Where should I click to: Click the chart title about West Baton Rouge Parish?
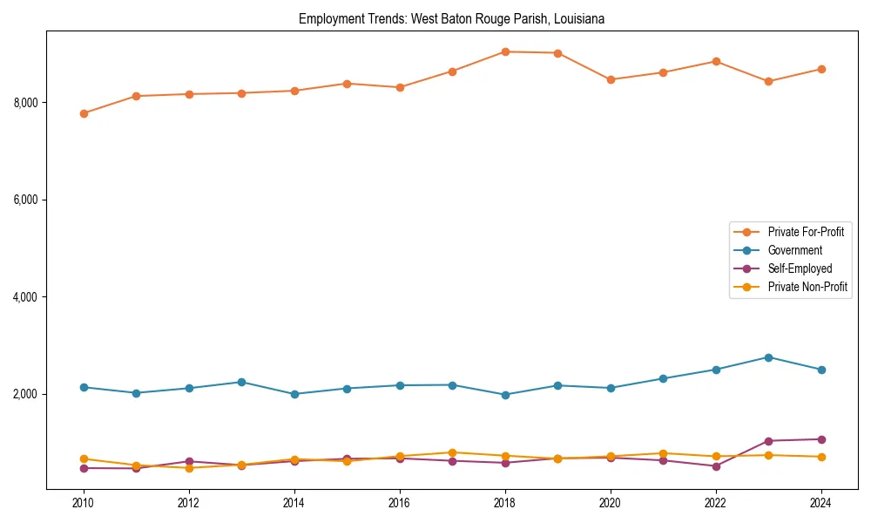451,18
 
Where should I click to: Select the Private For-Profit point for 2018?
505,51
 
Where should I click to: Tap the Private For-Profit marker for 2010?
84,113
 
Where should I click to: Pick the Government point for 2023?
768,357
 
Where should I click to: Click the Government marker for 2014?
294,394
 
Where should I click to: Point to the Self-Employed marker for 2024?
821,439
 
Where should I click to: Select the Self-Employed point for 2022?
716,466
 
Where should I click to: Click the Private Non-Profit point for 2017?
452,452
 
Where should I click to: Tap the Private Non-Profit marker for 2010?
84,458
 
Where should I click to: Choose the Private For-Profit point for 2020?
611,79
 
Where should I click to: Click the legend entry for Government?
794,250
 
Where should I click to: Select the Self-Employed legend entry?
800,268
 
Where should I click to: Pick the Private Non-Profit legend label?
807,287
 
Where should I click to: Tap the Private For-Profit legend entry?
806,232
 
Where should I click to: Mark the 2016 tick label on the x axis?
400,503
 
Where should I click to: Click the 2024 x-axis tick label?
821,503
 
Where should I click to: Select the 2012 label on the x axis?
189,503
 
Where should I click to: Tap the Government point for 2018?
505,395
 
